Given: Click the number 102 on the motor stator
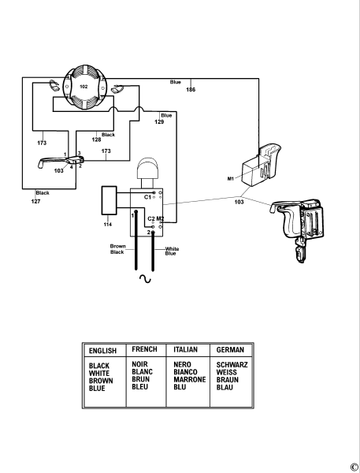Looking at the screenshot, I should pos(84,85).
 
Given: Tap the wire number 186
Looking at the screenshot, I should pos(191,90).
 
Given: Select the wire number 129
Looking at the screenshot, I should pos(159,122).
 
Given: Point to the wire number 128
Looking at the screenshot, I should pos(96,140).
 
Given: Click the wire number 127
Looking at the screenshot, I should pos(36,202).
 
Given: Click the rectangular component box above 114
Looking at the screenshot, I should pos(108,202).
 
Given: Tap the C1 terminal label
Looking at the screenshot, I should pos(147,195).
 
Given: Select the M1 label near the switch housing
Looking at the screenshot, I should pos(231,180).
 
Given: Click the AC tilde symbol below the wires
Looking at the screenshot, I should pos(144,279).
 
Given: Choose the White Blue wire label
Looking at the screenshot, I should pos(171,251).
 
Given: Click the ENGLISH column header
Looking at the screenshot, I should pos(103,349).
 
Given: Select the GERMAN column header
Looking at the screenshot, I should pos(230,349).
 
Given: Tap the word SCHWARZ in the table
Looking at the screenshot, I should pos(232,365).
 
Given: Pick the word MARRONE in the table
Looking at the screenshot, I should pos(187,379).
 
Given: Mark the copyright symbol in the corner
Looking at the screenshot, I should pos(354,466).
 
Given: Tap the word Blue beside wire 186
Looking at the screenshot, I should pos(176,82).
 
